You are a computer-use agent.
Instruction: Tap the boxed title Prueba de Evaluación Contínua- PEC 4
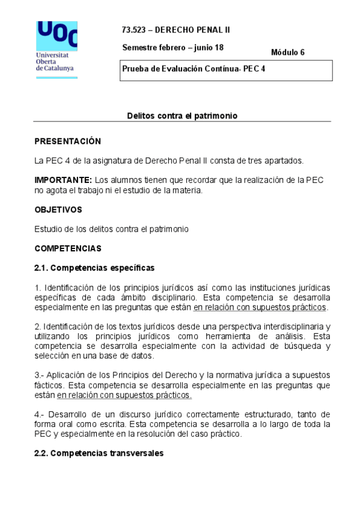[194, 69]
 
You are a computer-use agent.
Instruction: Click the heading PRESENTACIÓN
[67, 141]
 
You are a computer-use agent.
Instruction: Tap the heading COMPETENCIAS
[68, 248]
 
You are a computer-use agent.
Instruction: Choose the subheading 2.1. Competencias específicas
[94, 268]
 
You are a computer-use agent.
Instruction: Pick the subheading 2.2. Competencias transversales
[98, 453]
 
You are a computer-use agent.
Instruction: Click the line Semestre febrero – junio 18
[172, 48]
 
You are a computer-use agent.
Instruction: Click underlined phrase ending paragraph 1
[260, 307]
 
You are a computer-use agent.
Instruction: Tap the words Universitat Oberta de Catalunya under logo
[55, 62]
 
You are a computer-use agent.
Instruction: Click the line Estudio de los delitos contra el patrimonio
[111, 229]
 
